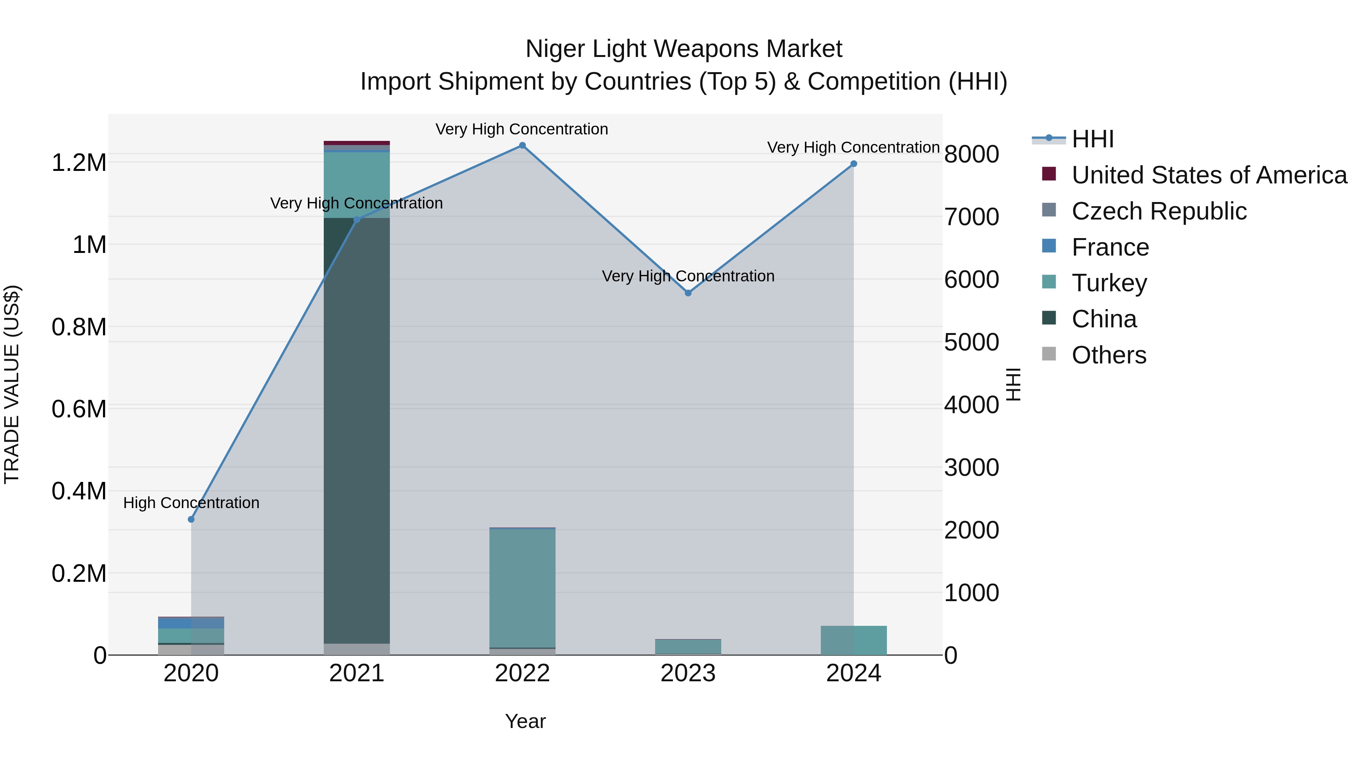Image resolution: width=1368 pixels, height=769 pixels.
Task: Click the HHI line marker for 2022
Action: click(522, 145)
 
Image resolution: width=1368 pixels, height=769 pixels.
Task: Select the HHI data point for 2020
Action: click(191, 519)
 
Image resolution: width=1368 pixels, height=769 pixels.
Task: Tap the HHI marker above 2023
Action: click(688, 293)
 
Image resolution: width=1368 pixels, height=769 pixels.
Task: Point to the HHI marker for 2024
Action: click(853, 164)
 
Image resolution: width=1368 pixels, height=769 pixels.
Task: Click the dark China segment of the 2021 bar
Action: click(357, 425)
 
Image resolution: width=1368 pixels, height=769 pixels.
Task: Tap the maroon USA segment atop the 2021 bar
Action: click(357, 143)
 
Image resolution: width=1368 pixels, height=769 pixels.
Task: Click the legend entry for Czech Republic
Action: click(1159, 211)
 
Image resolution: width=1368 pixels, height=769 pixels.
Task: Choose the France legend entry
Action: click(1110, 247)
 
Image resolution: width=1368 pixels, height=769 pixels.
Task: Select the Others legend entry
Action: click(1109, 355)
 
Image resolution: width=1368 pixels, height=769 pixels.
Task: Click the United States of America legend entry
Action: click(1209, 175)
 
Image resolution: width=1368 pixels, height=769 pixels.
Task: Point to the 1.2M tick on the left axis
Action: click(79, 163)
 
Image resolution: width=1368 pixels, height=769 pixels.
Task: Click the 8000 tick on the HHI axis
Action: click(971, 155)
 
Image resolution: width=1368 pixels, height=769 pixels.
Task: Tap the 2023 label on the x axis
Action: click(688, 673)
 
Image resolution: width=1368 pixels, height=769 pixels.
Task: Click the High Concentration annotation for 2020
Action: click(191, 502)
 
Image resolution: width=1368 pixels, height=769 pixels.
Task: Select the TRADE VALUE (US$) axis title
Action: click(12, 384)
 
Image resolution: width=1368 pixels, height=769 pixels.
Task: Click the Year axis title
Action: click(525, 721)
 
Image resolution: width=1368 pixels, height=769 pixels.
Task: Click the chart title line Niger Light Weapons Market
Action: click(684, 49)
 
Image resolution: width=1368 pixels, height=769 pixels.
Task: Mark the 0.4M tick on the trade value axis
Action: click(79, 491)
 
